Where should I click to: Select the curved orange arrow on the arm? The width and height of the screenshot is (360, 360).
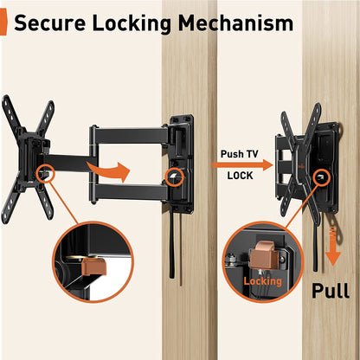click(x=111, y=170)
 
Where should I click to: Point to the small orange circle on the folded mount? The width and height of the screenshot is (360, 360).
click(x=322, y=178)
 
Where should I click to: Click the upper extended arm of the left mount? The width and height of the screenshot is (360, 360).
click(x=130, y=135)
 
